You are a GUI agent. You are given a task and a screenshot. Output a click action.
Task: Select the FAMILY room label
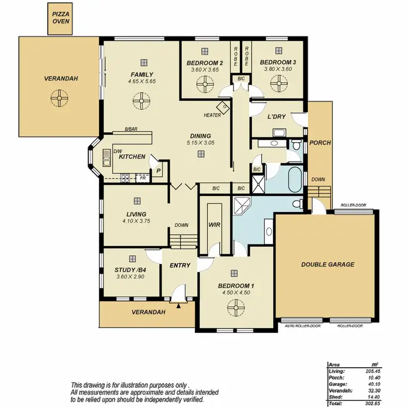pos(141,75)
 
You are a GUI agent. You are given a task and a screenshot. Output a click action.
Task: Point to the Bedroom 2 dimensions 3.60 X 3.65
pos(205,70)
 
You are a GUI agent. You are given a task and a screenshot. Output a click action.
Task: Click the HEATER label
pos(212,115)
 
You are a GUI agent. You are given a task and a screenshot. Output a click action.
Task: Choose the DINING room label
pos(200,136)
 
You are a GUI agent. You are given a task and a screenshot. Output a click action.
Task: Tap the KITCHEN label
pos(132,157)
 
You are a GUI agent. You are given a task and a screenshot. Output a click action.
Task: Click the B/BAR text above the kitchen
pos(131,129)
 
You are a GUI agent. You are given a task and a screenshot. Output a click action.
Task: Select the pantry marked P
pos(158,170)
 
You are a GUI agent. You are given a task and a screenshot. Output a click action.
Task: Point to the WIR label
pos(214,224)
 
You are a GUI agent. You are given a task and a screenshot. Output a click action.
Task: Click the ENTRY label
pos(180,265)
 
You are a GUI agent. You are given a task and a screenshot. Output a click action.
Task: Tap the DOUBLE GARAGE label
pos(327,265)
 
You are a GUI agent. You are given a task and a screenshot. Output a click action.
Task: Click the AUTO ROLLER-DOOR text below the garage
pos(303,326)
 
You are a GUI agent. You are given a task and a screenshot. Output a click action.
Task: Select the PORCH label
pos(320,143)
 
